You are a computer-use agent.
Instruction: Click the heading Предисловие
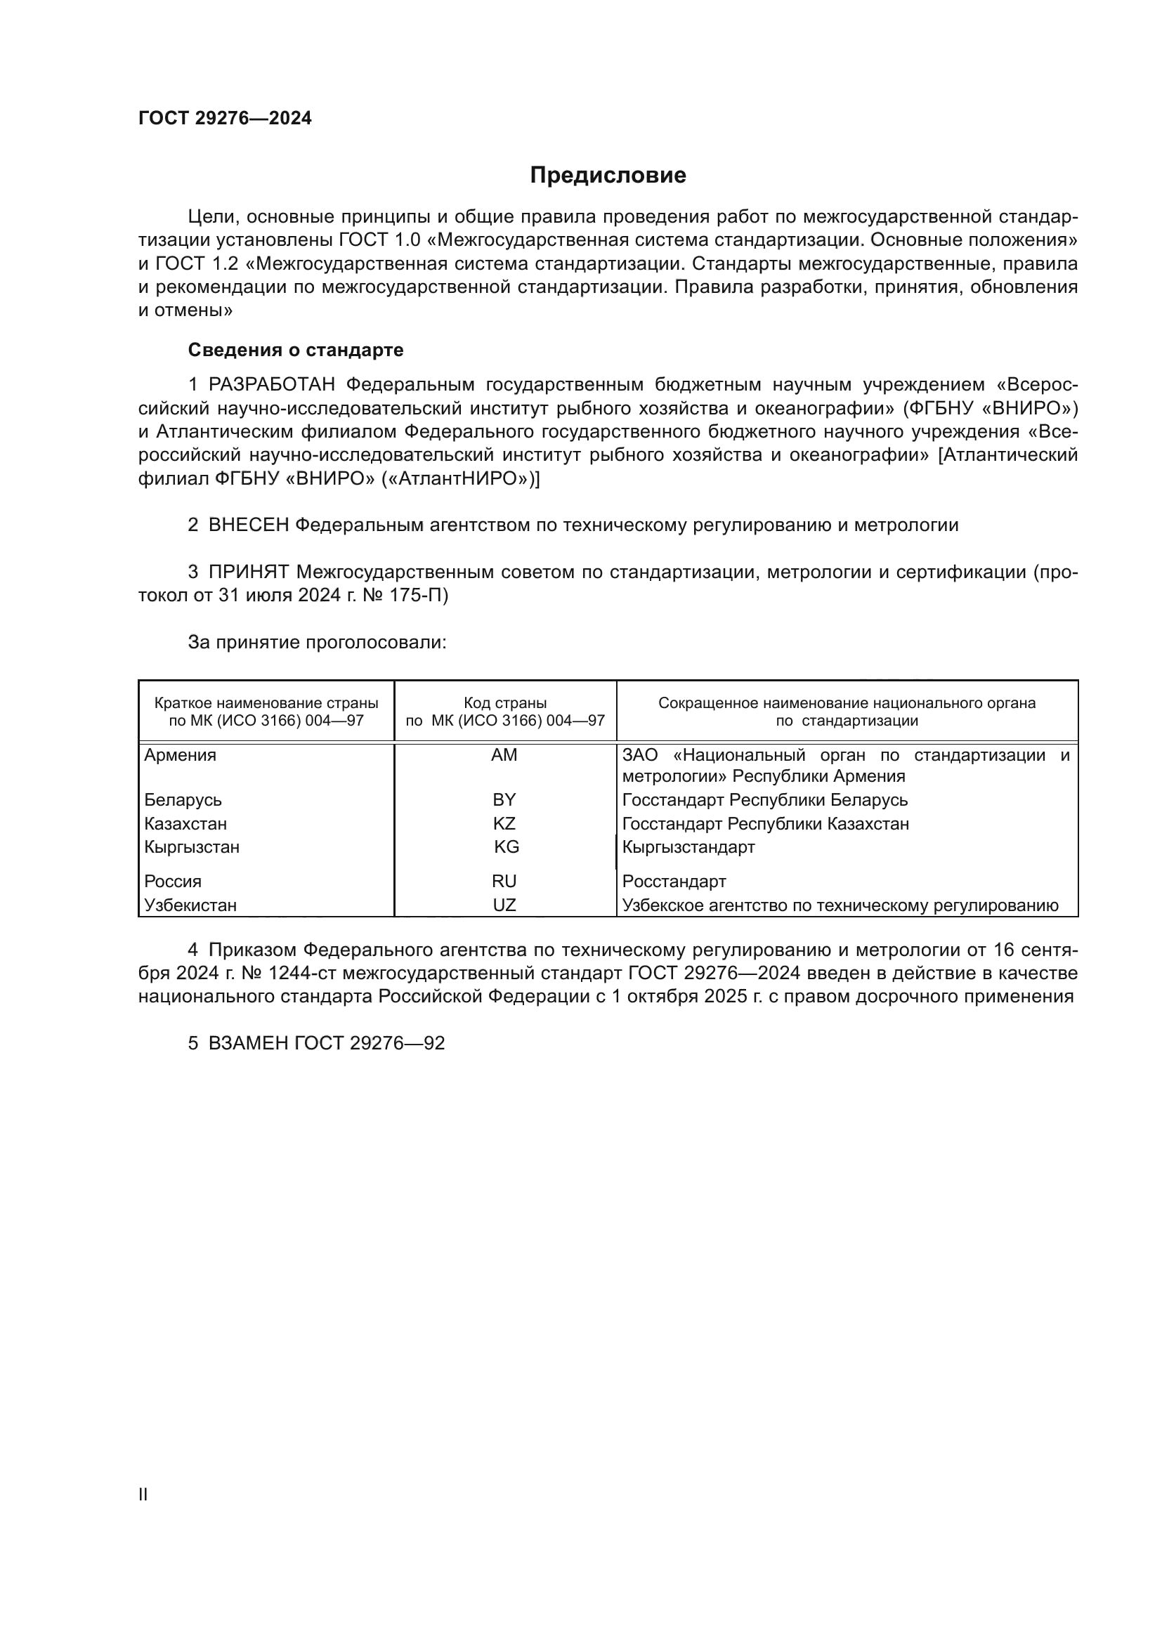[608, 176]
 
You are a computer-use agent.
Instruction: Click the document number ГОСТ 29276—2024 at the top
[225, 118]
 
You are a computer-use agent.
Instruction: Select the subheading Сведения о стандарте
[296, 350]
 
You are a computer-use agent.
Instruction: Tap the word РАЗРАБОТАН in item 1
[272, 385]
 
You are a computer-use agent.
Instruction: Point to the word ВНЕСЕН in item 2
[248, 525]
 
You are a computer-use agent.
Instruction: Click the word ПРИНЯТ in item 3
[248, 572]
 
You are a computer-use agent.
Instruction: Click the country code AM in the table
[504, 755]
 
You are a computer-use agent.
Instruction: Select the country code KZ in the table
[504, 824]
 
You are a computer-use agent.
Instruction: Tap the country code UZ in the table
[504, 905]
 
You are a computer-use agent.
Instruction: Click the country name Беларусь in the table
[183, 800]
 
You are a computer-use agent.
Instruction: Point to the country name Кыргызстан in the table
[192, 847]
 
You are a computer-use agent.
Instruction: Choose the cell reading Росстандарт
[674, 882]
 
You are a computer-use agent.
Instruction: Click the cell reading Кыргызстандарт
[688, 847]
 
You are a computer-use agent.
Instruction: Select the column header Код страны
[505, 703]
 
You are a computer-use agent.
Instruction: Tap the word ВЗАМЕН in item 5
[248, 1043]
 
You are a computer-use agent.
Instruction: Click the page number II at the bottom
[143, 1494]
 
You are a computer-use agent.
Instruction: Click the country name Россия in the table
[172, 882]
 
